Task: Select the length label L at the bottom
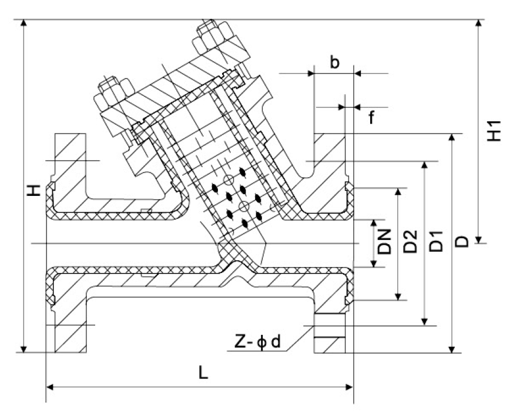[x=203, y=374]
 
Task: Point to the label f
[x=371, y=118]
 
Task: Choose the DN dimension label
[x=385, y=241]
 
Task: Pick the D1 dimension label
[x=436, y=241]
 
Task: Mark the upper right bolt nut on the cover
[x=210, y=36]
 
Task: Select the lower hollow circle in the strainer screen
[x=243, y=206]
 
